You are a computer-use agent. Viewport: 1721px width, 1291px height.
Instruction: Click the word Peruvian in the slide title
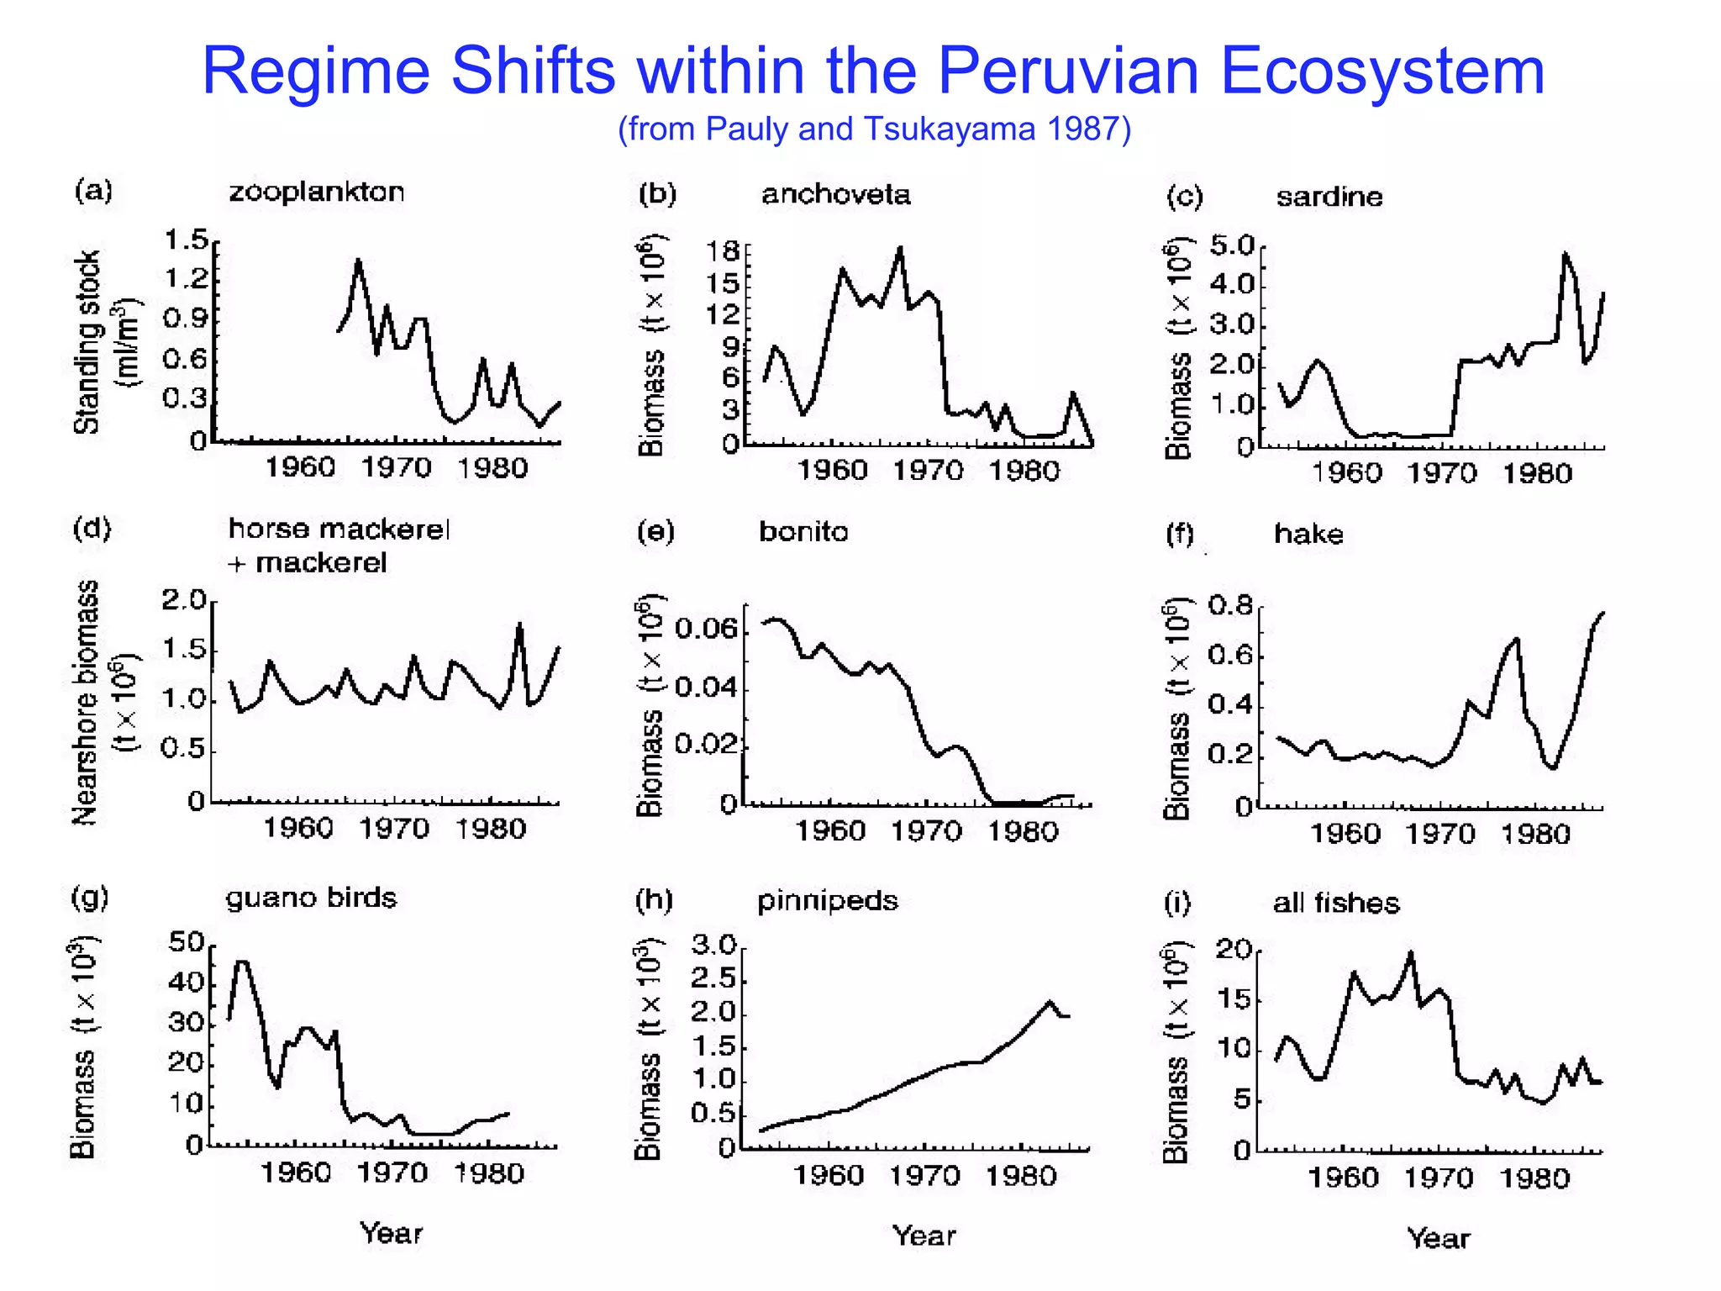point(1067,71)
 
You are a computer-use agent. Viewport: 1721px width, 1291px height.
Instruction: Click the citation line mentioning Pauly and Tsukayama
point(874,129)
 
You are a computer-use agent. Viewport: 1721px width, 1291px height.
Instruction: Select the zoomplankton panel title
point(317,192)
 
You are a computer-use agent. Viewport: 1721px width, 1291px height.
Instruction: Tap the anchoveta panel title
point(836,195)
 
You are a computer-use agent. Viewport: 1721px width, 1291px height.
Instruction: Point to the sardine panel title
point(1329,198)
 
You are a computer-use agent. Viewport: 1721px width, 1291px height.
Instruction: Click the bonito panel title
point(803,532)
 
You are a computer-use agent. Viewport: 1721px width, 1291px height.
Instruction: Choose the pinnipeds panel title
point(828,901)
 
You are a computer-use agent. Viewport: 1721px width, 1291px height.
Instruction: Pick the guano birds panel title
point(311,898)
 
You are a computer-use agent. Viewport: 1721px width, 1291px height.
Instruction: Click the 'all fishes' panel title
point(1336,904)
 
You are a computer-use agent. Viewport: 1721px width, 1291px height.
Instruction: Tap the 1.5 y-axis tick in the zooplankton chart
point(186,240)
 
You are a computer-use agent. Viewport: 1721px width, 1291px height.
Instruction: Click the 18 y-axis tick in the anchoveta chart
point(723,250)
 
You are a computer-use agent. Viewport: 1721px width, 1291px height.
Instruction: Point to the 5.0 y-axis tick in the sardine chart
point(1232,246)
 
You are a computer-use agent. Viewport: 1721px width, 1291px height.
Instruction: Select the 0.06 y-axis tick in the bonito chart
point(706,629)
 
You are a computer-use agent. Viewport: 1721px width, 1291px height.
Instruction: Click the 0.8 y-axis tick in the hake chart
point(1230,605)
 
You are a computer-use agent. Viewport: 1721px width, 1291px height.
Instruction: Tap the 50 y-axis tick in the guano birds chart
point(187,942)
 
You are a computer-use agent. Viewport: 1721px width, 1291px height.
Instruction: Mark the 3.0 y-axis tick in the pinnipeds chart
point(713,946)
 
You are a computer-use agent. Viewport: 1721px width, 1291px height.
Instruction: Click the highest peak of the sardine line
point(1565,253)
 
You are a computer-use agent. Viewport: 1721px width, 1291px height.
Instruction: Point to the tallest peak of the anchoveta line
point(901,248)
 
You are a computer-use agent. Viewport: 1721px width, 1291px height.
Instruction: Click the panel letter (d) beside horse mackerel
point(92,529)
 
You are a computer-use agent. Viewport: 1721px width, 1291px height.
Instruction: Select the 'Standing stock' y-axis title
point(87,342)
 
